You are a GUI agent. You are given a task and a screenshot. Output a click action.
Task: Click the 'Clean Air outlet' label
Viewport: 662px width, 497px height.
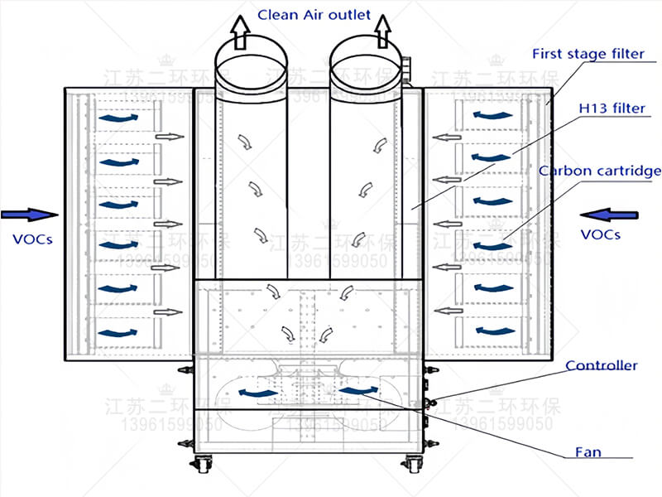click(x=314, y=14)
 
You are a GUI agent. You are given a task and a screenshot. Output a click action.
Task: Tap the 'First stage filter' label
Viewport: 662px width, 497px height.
click(x=587, y=55)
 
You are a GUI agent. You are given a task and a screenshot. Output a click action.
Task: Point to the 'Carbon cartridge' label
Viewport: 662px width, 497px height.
click(x=600, y=171)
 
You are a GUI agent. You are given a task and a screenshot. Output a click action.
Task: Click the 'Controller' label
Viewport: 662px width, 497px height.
click(x=601, y=365)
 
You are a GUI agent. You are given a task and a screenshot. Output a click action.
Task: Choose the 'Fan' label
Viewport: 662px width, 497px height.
click(x=588, y=452)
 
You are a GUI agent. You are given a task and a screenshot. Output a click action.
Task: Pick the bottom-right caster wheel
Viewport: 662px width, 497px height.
click(x=412, y=464)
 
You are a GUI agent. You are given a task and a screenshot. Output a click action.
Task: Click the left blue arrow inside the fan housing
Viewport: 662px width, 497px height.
click(x=257, y=392)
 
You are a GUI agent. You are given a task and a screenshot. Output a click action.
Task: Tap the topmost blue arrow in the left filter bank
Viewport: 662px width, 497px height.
click(x=118, y=119)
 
